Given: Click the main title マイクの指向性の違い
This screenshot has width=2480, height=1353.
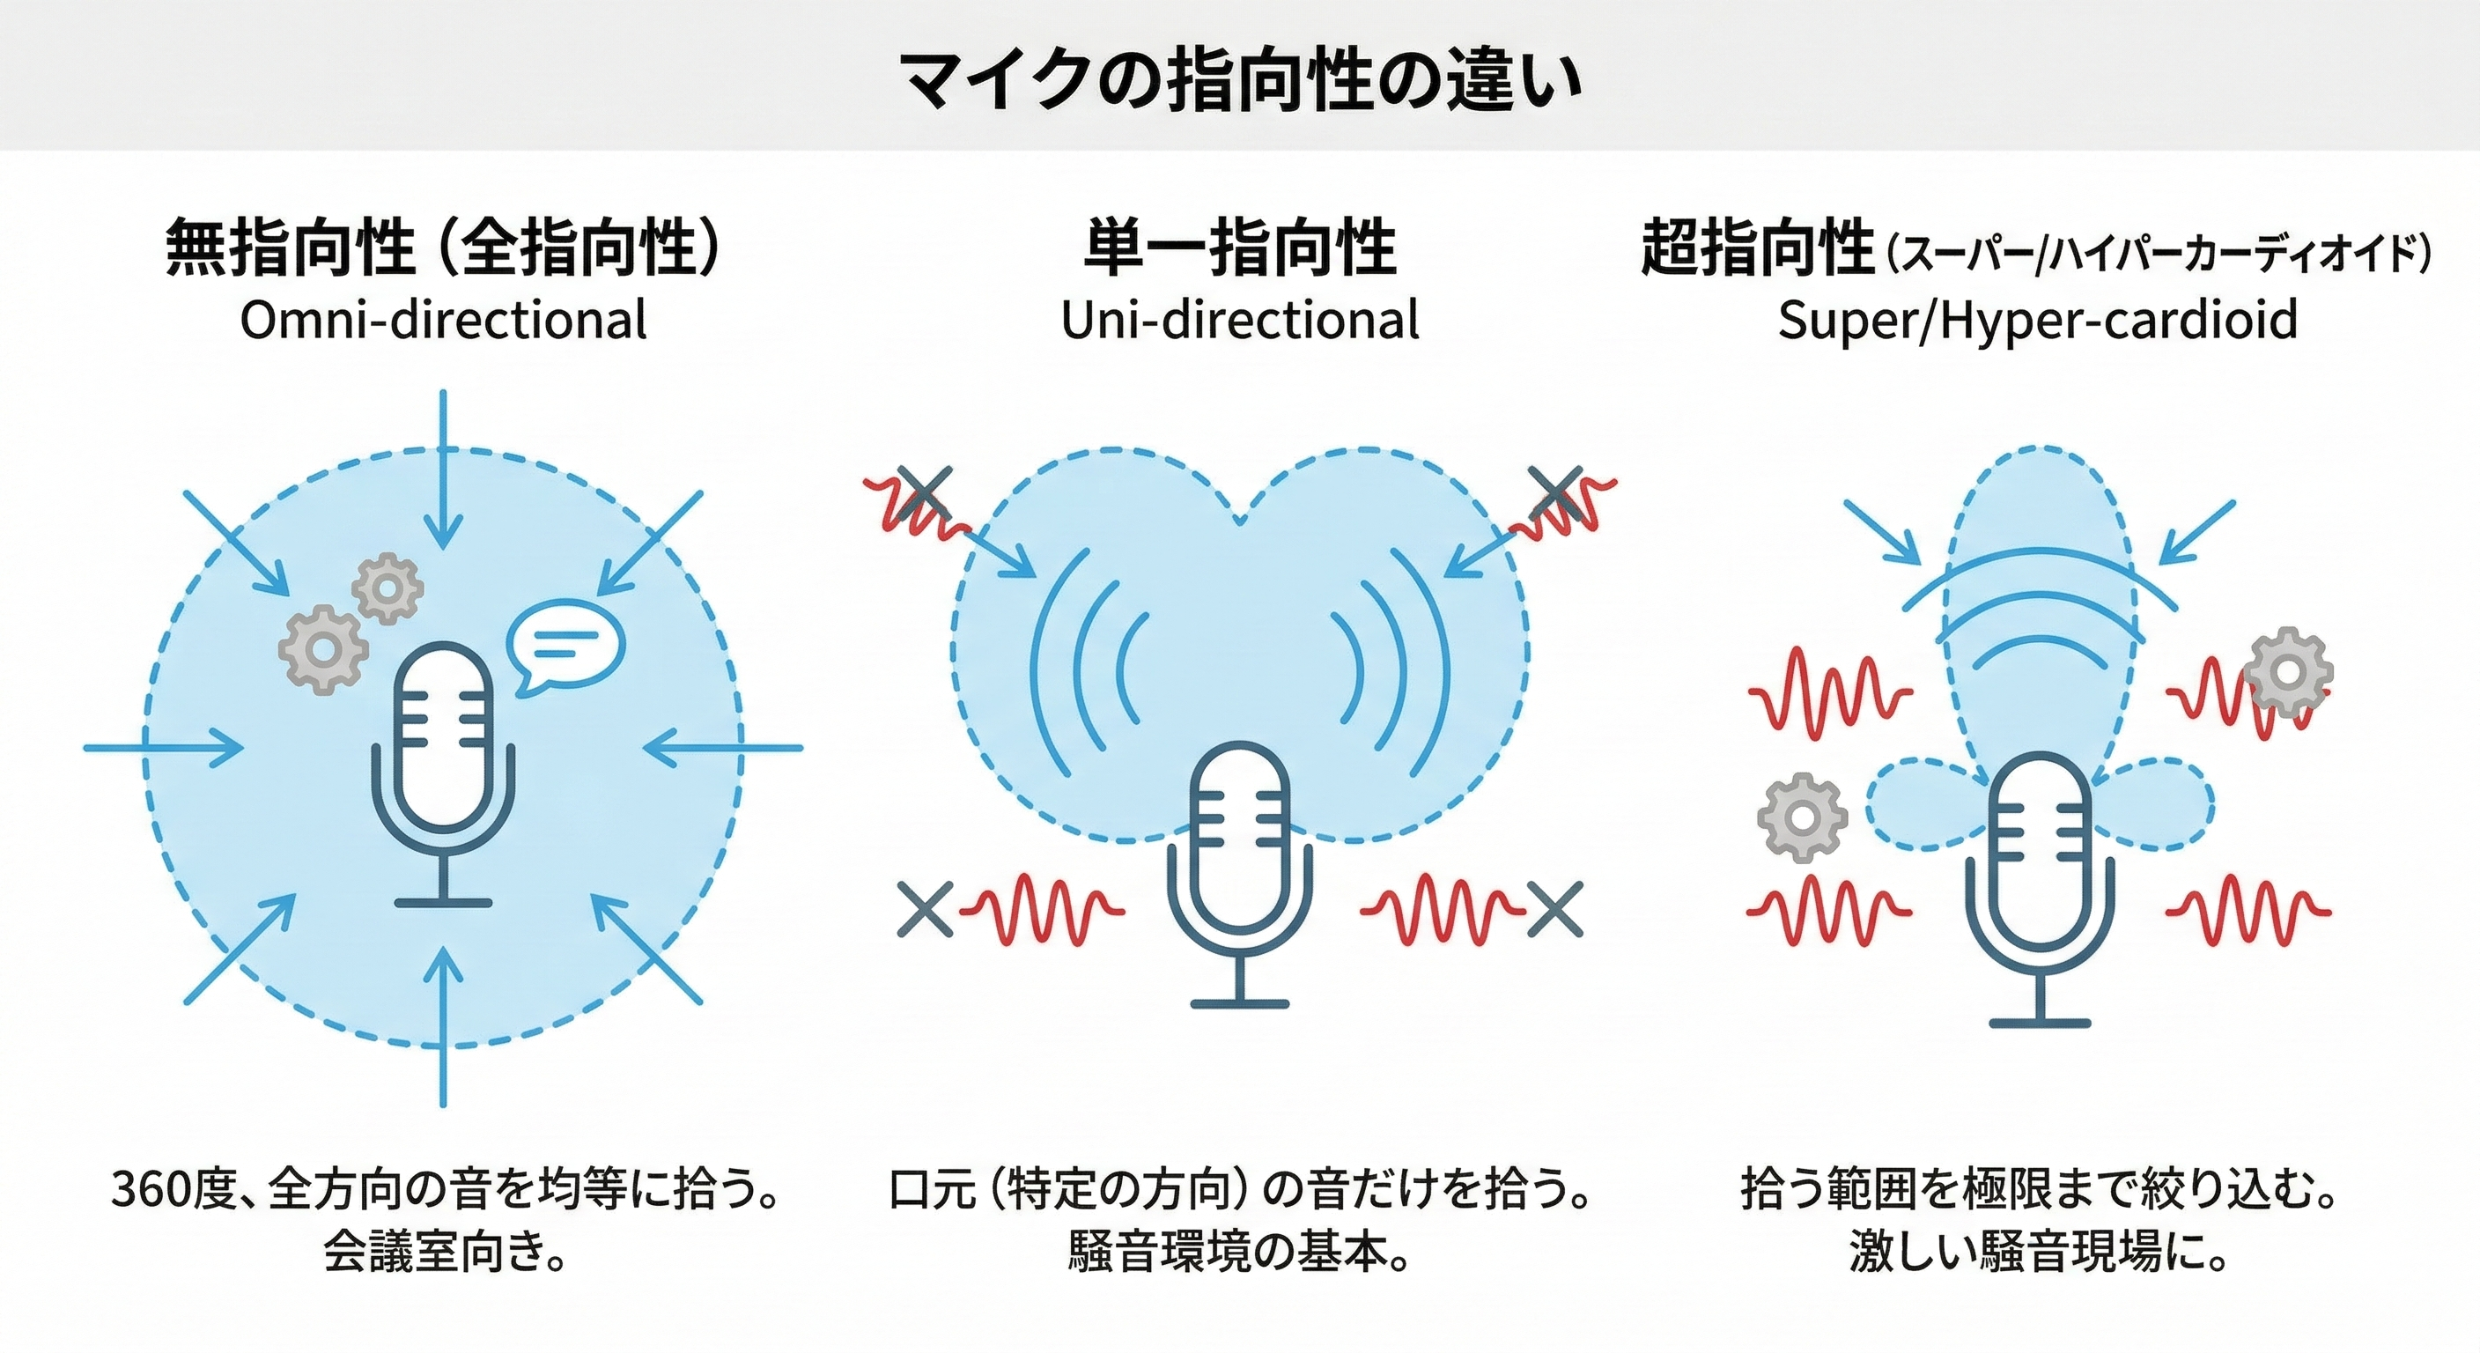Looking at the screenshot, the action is pyautogui.click(x=1241, y=79).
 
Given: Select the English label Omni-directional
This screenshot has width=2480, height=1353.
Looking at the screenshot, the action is pyautogui.click(x=443, y=320).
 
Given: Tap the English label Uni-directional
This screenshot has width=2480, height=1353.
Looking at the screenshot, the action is pyautogui.click(x=1240, y=320).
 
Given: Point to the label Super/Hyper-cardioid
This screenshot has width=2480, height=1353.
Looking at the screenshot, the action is pyautogui.click(x=2037, y=321).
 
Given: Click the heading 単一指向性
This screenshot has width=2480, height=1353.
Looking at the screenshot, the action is pyautogui.click(x=1240, y=248).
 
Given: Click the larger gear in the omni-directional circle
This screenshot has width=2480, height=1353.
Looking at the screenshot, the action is pyautogui.click(x=322, y=650).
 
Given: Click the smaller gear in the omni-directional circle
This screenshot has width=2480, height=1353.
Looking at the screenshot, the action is pyautogui.click(x=387, y=588).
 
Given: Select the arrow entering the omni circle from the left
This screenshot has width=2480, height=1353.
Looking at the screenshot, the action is pyautogui.click(x=164, y=747).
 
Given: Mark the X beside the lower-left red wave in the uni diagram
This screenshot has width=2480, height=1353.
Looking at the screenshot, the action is pyautogui.click(x=924, y=910).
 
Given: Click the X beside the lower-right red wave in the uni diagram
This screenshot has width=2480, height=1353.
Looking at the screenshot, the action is pyautogui.click(x=1554, y=909).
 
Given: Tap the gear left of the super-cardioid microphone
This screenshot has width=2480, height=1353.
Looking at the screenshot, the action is pyautogui.click(x=1802, y=817).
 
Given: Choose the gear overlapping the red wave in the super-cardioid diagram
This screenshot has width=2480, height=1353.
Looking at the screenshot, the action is pyautogui.click(x=2288, y=671).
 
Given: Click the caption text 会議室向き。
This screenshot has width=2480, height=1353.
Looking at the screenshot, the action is pyautogui.click(x=443, y=1251).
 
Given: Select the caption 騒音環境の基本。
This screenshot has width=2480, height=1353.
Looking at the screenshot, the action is pyautogui.click(x=1239, y=1251).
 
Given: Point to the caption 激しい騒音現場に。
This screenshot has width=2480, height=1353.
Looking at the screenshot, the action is pyautogui.click(x=2037, y=1251).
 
